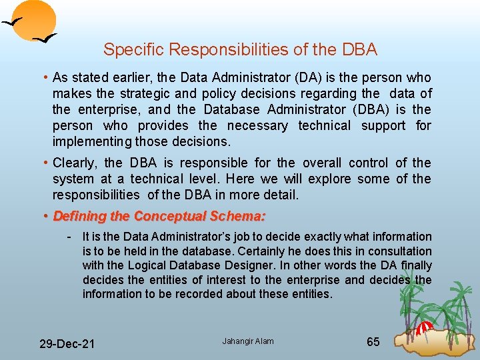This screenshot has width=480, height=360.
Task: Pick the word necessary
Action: tap(257, 125)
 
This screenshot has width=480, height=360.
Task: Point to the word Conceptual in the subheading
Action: tap(171, 216)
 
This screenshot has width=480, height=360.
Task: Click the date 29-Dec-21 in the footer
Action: tap(67, 344)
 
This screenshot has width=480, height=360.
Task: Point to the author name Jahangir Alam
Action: tap(247, 341)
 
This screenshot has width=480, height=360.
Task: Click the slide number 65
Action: tap(373, 342)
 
